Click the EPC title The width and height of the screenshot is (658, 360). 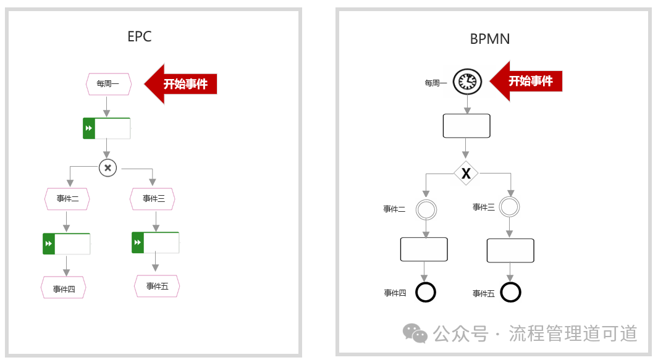[x=139, y=36]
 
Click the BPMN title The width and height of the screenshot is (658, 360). [x=490, y=39]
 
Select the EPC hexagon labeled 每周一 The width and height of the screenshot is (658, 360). [x=109, y=84]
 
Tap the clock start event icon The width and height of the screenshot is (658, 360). [x=467, y=82]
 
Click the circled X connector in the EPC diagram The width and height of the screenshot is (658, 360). [x=108, y=168]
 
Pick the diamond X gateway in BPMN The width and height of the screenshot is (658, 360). [x=466, y=173]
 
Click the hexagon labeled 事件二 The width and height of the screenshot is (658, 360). [x=67, y=199]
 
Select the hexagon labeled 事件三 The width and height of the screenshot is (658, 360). [x=153, y=199]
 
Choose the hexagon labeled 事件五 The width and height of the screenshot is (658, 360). [x=157, y=286]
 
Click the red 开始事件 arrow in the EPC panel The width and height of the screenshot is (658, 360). [x=180, y=84]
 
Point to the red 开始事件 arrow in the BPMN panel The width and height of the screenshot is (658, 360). [x=526, y=81]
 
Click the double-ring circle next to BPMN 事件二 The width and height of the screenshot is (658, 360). [x=426, y=210]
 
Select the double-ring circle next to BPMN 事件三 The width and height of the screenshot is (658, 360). [x=510, y=207]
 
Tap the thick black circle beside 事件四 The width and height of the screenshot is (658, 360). [x=426, y=293]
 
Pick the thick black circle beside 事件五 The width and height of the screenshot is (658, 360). [x=511, y=293]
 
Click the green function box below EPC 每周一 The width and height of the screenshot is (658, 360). [x=107, y=128]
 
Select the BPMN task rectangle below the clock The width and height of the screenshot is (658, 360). [x=466, y=126]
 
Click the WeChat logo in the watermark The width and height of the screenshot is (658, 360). [x=415, y=333]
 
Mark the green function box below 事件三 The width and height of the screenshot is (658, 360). [x=156, y=243]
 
